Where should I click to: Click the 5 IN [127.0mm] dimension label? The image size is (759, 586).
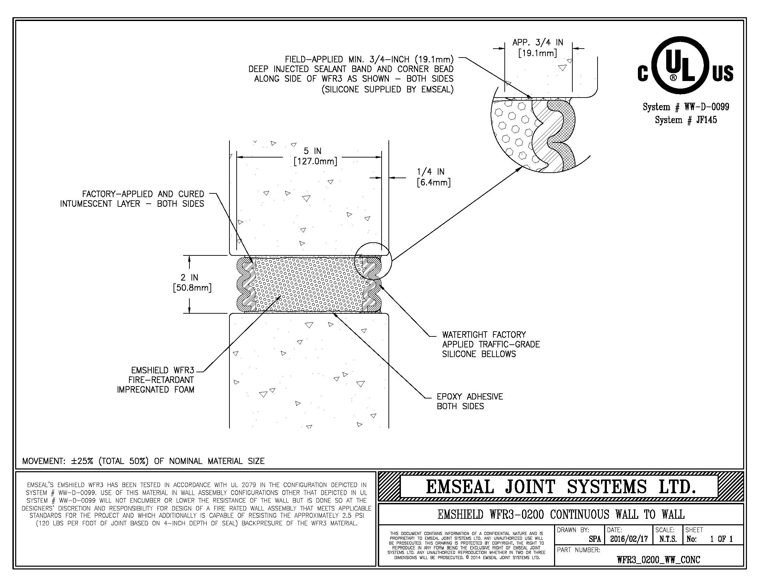coord(315,156)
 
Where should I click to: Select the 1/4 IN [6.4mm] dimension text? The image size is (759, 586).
coord(433,177)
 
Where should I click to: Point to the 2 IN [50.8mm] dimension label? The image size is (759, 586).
coord(192,283)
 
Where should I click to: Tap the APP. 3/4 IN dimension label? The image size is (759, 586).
coord(538,48)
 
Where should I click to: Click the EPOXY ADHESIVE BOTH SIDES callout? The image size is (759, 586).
coord(470,401)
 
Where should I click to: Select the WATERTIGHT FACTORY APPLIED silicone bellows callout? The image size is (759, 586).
coord(491,344)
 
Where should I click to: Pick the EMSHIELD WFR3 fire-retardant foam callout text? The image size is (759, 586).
coord(155,380)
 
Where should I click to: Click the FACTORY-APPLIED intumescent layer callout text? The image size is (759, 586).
coord(132,199)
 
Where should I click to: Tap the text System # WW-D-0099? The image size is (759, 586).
coord(686,107)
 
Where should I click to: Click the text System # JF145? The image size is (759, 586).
coord(686,120)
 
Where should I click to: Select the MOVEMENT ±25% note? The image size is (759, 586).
coord(143,461)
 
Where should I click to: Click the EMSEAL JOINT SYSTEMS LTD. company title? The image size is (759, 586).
coord(561,486)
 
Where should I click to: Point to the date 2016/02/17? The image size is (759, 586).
coord(629,539)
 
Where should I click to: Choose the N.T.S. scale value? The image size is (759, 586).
coord(668,539)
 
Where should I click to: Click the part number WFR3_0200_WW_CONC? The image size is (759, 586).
coord(659,559)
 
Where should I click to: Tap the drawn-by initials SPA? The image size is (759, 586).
coord(595,539)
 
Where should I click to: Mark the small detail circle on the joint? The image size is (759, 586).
coord(373,261)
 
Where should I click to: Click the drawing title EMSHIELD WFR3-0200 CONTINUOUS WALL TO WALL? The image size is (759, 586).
coord(561,514)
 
